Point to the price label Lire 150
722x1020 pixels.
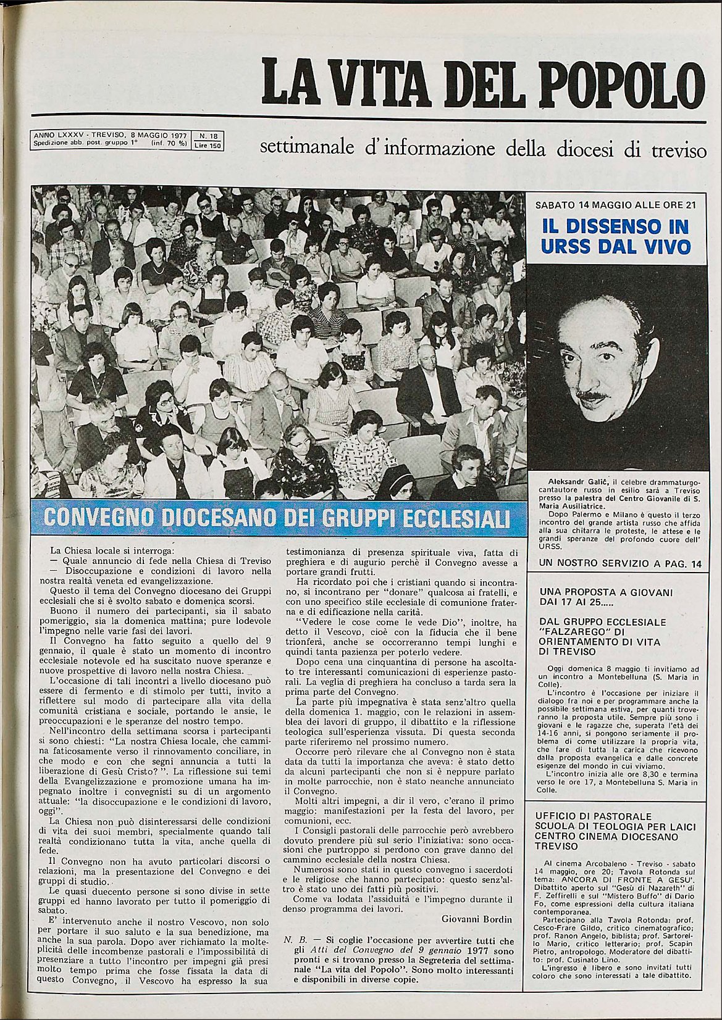point(208,146)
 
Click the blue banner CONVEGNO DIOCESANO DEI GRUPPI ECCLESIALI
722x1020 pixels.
point(277,518)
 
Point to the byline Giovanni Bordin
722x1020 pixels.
point(476,919)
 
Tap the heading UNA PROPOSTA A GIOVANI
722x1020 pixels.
point(605,592)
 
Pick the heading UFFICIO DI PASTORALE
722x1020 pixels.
point(593,816)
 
